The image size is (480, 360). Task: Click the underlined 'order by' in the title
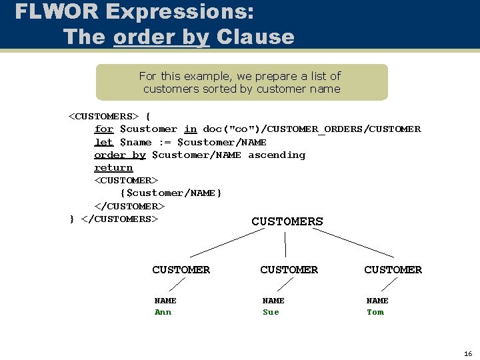click(x=161, y=37)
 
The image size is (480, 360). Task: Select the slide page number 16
click(x=467, y=354)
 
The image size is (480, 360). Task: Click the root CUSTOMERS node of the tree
click(x=287, y=221)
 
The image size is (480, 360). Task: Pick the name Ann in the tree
click(x=163, y=312)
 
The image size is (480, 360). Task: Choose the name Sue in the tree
click(x=271, y=312)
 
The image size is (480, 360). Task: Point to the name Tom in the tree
click(x=375, y=312)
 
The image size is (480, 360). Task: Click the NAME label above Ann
click(x=165, y=301)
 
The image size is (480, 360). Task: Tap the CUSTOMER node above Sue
click(x=289, y=269)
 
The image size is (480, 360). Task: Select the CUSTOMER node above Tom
click(x=393, y=269)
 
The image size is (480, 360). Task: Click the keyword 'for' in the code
click(x=103, y=129)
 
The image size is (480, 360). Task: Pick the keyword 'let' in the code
click(x=103, y=142)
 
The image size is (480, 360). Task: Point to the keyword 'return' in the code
click(x=113, y=168)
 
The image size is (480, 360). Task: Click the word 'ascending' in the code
click(x=277, y=155)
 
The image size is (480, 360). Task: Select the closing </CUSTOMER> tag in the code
click(x=129, y=207)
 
